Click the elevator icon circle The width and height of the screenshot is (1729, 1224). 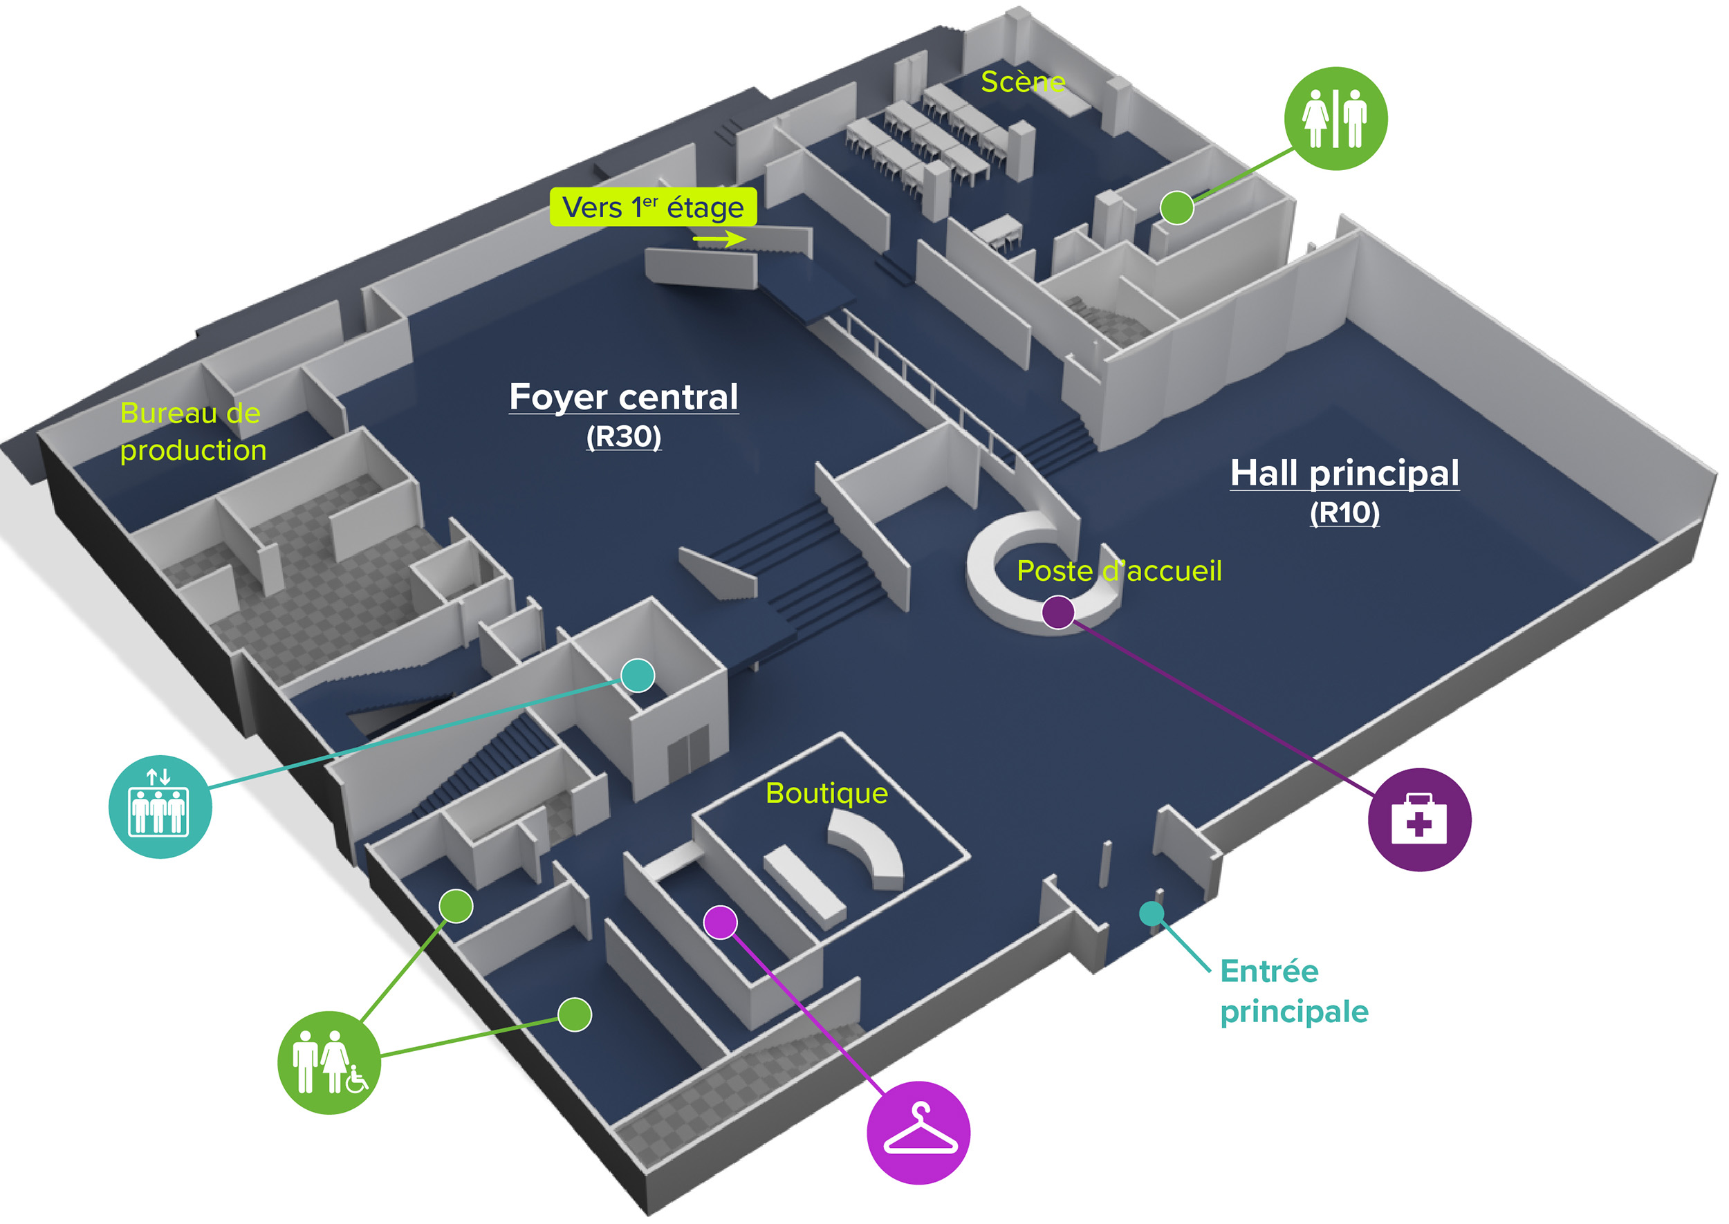[160, 806]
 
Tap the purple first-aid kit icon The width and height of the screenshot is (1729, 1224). [1418, 819]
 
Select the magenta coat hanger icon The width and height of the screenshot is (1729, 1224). [918, 1132]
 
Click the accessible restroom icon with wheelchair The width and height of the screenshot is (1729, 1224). [329, 1062]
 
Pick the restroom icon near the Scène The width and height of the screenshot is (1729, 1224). [1335, 118]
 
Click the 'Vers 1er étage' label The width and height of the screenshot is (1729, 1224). [653, 207]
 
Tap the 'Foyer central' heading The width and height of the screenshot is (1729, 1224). [623, 396]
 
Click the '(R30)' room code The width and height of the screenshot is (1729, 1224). [623, 436]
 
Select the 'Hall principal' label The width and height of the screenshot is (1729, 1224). [1344, 473]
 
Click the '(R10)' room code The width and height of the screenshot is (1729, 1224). [1344, 512]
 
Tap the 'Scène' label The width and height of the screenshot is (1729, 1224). [1022, 82]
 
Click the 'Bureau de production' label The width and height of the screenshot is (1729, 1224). [192, 431]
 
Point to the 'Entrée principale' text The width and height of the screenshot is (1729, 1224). [1293, 990]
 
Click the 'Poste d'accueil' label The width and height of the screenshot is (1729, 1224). [1118, 571]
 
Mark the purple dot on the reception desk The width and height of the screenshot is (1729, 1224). [1057, 611]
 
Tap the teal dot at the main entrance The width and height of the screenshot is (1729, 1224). [1151, 914]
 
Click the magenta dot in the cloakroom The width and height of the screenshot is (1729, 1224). [720, 922]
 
